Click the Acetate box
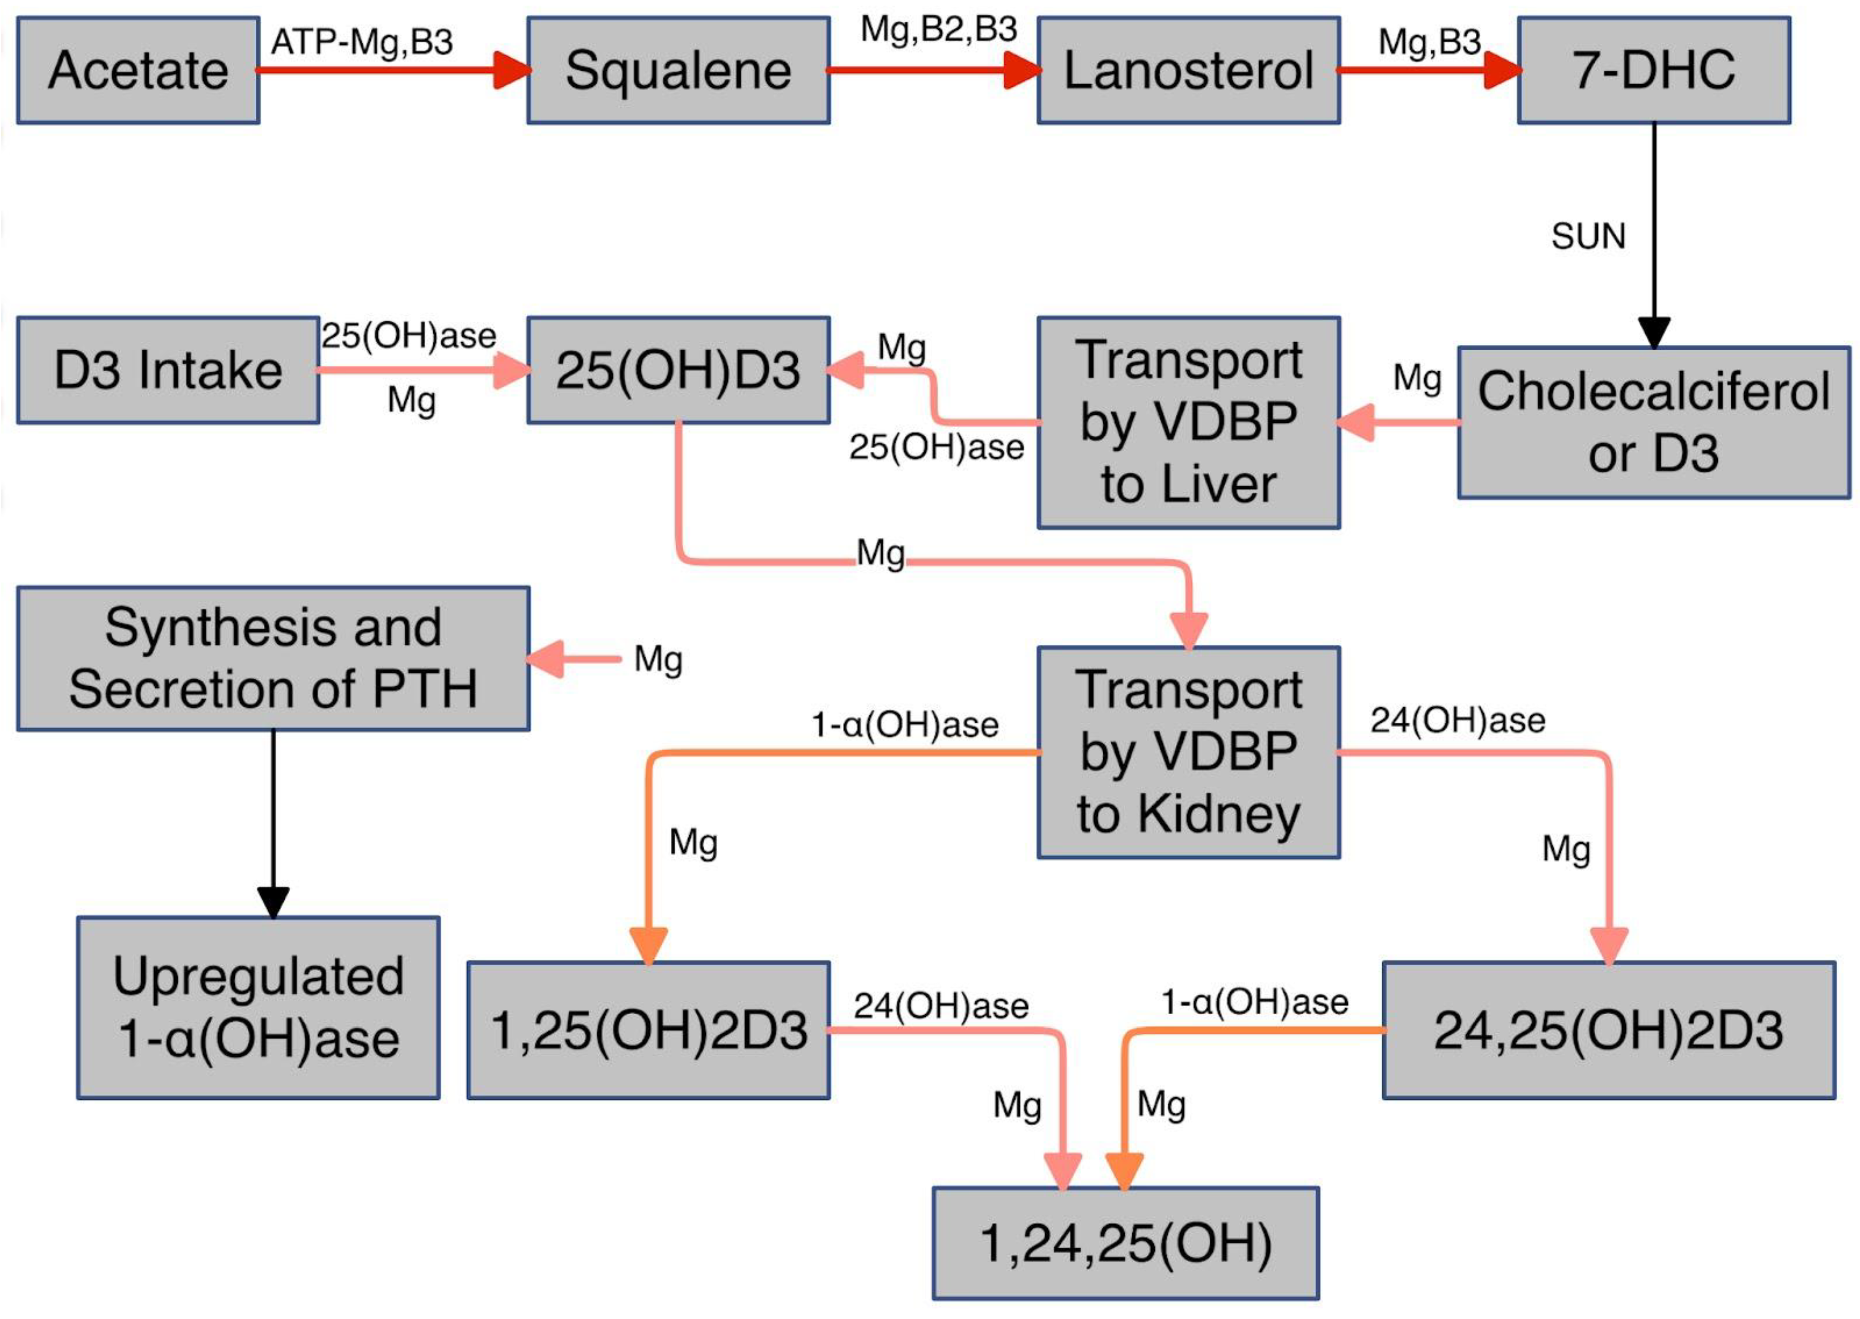138,71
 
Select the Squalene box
678,71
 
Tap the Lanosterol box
1188,71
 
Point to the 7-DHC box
1654,71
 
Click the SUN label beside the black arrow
1588,236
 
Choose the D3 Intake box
168,370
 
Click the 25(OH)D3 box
678,370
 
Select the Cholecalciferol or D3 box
1654,422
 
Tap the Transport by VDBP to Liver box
1188,422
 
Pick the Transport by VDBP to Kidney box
1188,752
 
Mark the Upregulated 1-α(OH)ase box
258,1008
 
